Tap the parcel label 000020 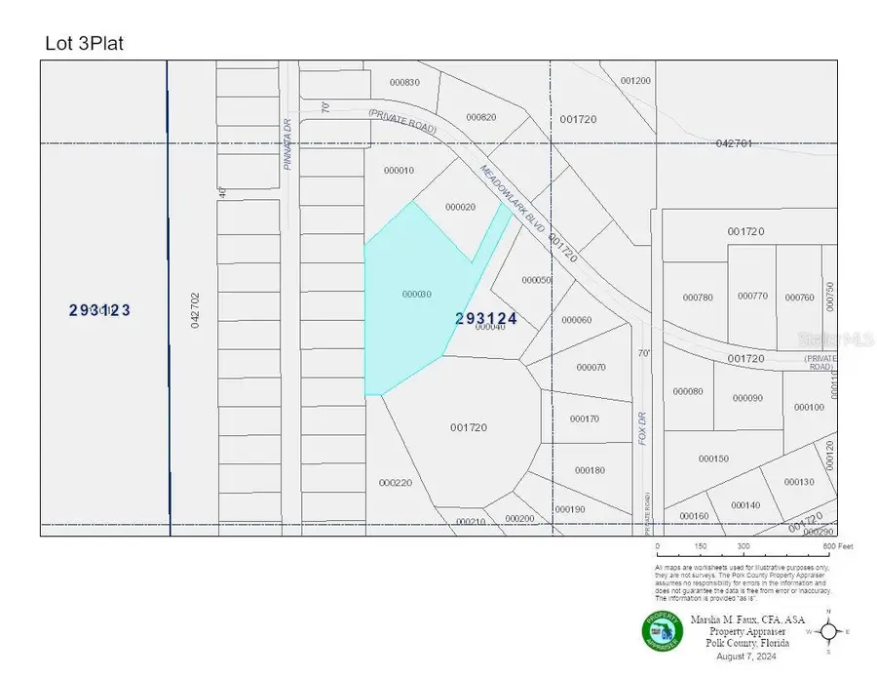[x=460, y=207]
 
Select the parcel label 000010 [x=399, y=171]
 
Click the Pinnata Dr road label [x=288, y=144]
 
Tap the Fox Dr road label [x=643, y=425]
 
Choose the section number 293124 [x=485, y=318]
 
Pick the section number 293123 [x=99, y=310]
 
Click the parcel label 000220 [x=396, y=483]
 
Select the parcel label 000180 [x=590, y=470]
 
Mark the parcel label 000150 [x=713, y=459]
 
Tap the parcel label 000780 [x=698, y=298]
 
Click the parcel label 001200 [x=634, y=81]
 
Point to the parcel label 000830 [x=403, y=82]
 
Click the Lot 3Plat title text [x=85, y=43]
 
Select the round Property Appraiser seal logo [x=663, y=630]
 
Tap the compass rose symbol [x=828, y=632]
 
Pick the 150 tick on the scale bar [x=700, y=546]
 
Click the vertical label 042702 [x=195, y=309]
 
